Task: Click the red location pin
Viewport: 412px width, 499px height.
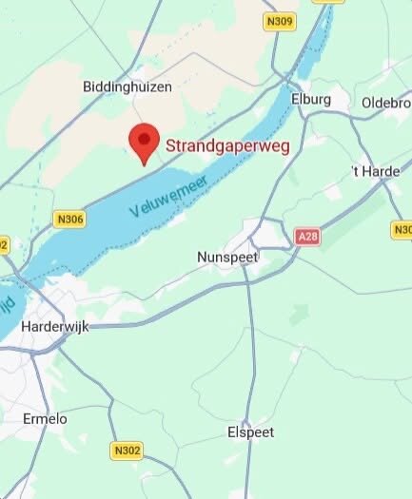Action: [x=144, y=142]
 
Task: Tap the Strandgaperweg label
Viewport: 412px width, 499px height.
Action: [x=227, y=146]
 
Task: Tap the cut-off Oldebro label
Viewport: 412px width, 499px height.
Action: [x=385, y=102]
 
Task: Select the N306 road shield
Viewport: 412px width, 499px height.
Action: [x=70, y=219]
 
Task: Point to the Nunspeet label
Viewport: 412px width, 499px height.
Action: [x=226, y=258]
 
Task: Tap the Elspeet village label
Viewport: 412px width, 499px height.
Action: [x=251, y=432]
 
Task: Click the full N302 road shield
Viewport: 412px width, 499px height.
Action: [x=126, y=451]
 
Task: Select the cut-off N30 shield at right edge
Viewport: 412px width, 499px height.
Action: [x=402, y=230]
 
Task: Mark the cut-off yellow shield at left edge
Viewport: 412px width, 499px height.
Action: [x=3, y=244]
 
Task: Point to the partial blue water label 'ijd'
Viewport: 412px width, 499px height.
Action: [x=7, y=306]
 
